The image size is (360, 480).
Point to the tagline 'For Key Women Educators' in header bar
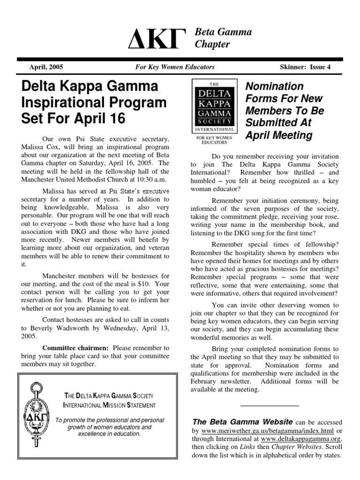pyautogui.click(x=175, y=67)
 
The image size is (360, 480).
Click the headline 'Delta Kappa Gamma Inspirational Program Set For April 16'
pyautogui.click(x=94, y=102)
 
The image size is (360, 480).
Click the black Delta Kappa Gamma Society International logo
pyautogui.click(x=216, y=107)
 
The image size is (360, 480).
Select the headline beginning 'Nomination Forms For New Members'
pyautogui.click(x=285, y=111)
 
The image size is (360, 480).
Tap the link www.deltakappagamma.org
pyautogui.click(x=300, y=439)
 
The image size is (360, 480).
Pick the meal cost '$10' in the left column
pyautogui.click(x=147, y=283)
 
